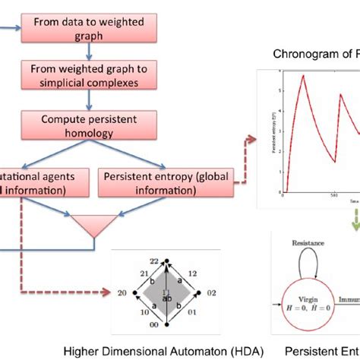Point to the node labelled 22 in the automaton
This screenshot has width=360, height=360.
(153, 260)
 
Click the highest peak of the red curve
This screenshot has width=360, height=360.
(304, 74)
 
